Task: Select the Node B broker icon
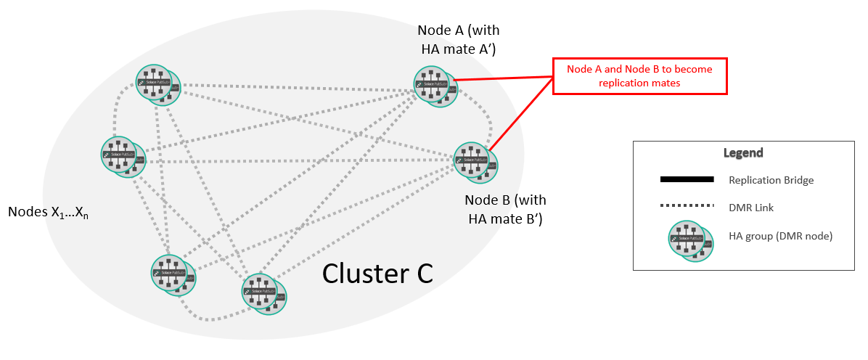point(475,161)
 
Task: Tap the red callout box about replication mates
point(639,76)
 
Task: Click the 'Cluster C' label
point(377,273)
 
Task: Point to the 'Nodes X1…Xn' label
point(48,213)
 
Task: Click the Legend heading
point(742,153)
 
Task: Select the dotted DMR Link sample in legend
point(687,208)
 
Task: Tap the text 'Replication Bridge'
point(771,180)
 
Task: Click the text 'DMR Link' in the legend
point(751,208)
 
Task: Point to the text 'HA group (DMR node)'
point(780,235)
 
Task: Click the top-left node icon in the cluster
point(157,84)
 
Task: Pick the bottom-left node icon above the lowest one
point(173,274)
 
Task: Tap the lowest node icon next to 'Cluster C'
point(263,294)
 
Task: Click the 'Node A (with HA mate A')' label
point(459,40)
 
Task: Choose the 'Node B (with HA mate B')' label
point(506,208)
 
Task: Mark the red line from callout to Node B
point(519,116)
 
